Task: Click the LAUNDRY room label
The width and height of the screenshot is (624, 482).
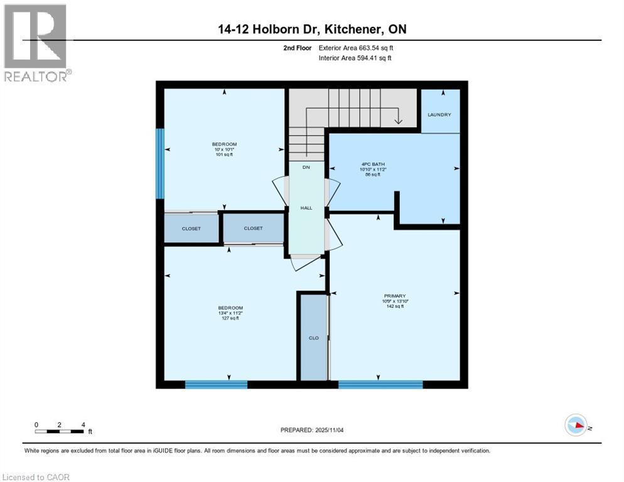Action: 439,114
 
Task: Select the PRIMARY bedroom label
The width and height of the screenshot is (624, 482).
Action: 395,296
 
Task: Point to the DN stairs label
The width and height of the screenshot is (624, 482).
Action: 306,167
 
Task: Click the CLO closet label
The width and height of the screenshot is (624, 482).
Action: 313,338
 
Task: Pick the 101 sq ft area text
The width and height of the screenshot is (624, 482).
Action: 224,154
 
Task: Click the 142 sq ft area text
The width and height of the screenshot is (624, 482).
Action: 395,307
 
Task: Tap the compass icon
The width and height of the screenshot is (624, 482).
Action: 576,425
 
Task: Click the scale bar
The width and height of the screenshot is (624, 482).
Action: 60,431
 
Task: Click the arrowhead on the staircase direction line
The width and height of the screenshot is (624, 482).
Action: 398,120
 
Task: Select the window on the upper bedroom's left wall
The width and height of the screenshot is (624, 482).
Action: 160,163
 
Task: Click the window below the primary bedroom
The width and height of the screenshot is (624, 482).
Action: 380,384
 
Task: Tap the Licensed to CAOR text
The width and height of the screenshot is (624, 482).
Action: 36,477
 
